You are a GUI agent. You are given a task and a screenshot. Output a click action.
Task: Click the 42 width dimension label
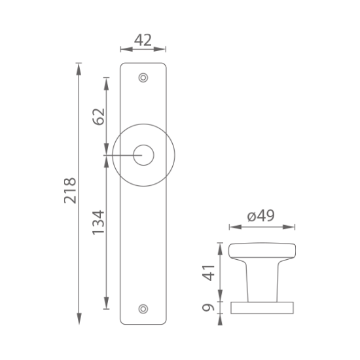(143, 40)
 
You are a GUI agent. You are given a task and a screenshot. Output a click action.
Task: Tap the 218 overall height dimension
(70, 190)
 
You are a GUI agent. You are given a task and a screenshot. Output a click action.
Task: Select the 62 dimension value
(99, 117)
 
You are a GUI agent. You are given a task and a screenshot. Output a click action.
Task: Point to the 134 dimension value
(98, 223)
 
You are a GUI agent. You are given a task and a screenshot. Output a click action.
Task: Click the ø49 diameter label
(261, 216)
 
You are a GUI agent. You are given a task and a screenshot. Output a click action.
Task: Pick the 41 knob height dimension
(208, 273)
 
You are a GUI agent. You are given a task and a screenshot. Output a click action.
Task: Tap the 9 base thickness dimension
(208, 308)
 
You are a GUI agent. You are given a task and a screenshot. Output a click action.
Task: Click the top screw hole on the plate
(143, 78)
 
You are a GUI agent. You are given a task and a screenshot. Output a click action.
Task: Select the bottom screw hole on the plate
(143, 309)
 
